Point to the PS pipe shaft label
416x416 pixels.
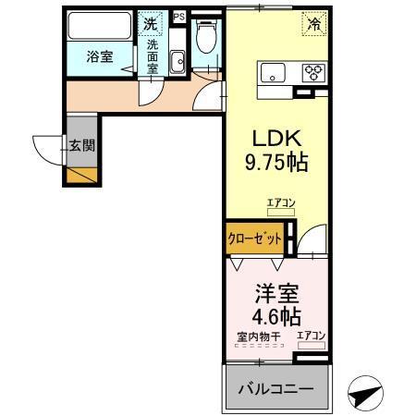[x=177, y=16]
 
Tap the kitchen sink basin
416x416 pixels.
[x=274, y=73]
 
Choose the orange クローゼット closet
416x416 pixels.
[x=254, y=238]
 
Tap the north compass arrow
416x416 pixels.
[x=366, y=395]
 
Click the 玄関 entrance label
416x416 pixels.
[x=80, y=144]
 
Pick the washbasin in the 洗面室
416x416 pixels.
[x=177, y=61]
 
